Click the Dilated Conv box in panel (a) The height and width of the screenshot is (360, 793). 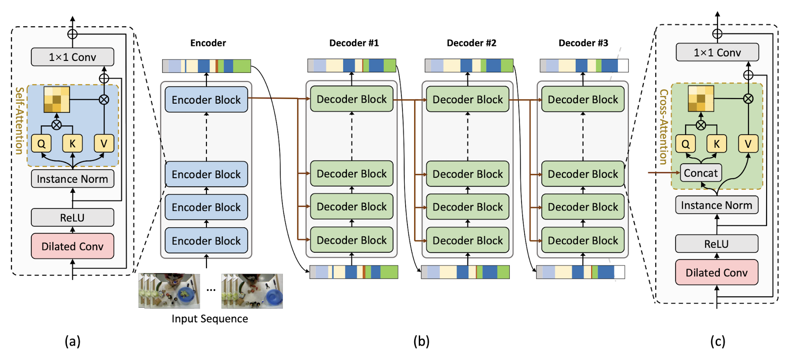pos(72,246)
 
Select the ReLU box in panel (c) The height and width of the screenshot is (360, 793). pos(716,244)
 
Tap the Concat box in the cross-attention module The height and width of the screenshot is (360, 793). pos(700,173)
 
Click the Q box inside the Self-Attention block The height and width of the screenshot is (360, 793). pos(41,144)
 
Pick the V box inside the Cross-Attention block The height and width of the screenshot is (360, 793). pos(748,144)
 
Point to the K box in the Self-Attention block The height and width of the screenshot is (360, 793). pos(72,144)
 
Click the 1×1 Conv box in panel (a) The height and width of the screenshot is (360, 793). pos(72,57)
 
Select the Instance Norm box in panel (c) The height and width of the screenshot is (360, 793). pos(716,205)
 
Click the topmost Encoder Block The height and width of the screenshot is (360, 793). pos(206,100)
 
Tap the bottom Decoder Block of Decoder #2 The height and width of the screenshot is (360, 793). pos(467,240)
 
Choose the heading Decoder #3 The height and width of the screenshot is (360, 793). pos(583,43)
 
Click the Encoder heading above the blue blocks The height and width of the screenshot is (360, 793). pos(208,43)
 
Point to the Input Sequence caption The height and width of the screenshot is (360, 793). pos(210,319)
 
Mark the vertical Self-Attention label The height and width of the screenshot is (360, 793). pos(19,120)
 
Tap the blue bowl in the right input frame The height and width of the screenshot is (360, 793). pos(273,296)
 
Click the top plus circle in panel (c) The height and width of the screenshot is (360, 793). pos(717,34)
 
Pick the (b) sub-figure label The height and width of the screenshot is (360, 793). pos(421,341)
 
